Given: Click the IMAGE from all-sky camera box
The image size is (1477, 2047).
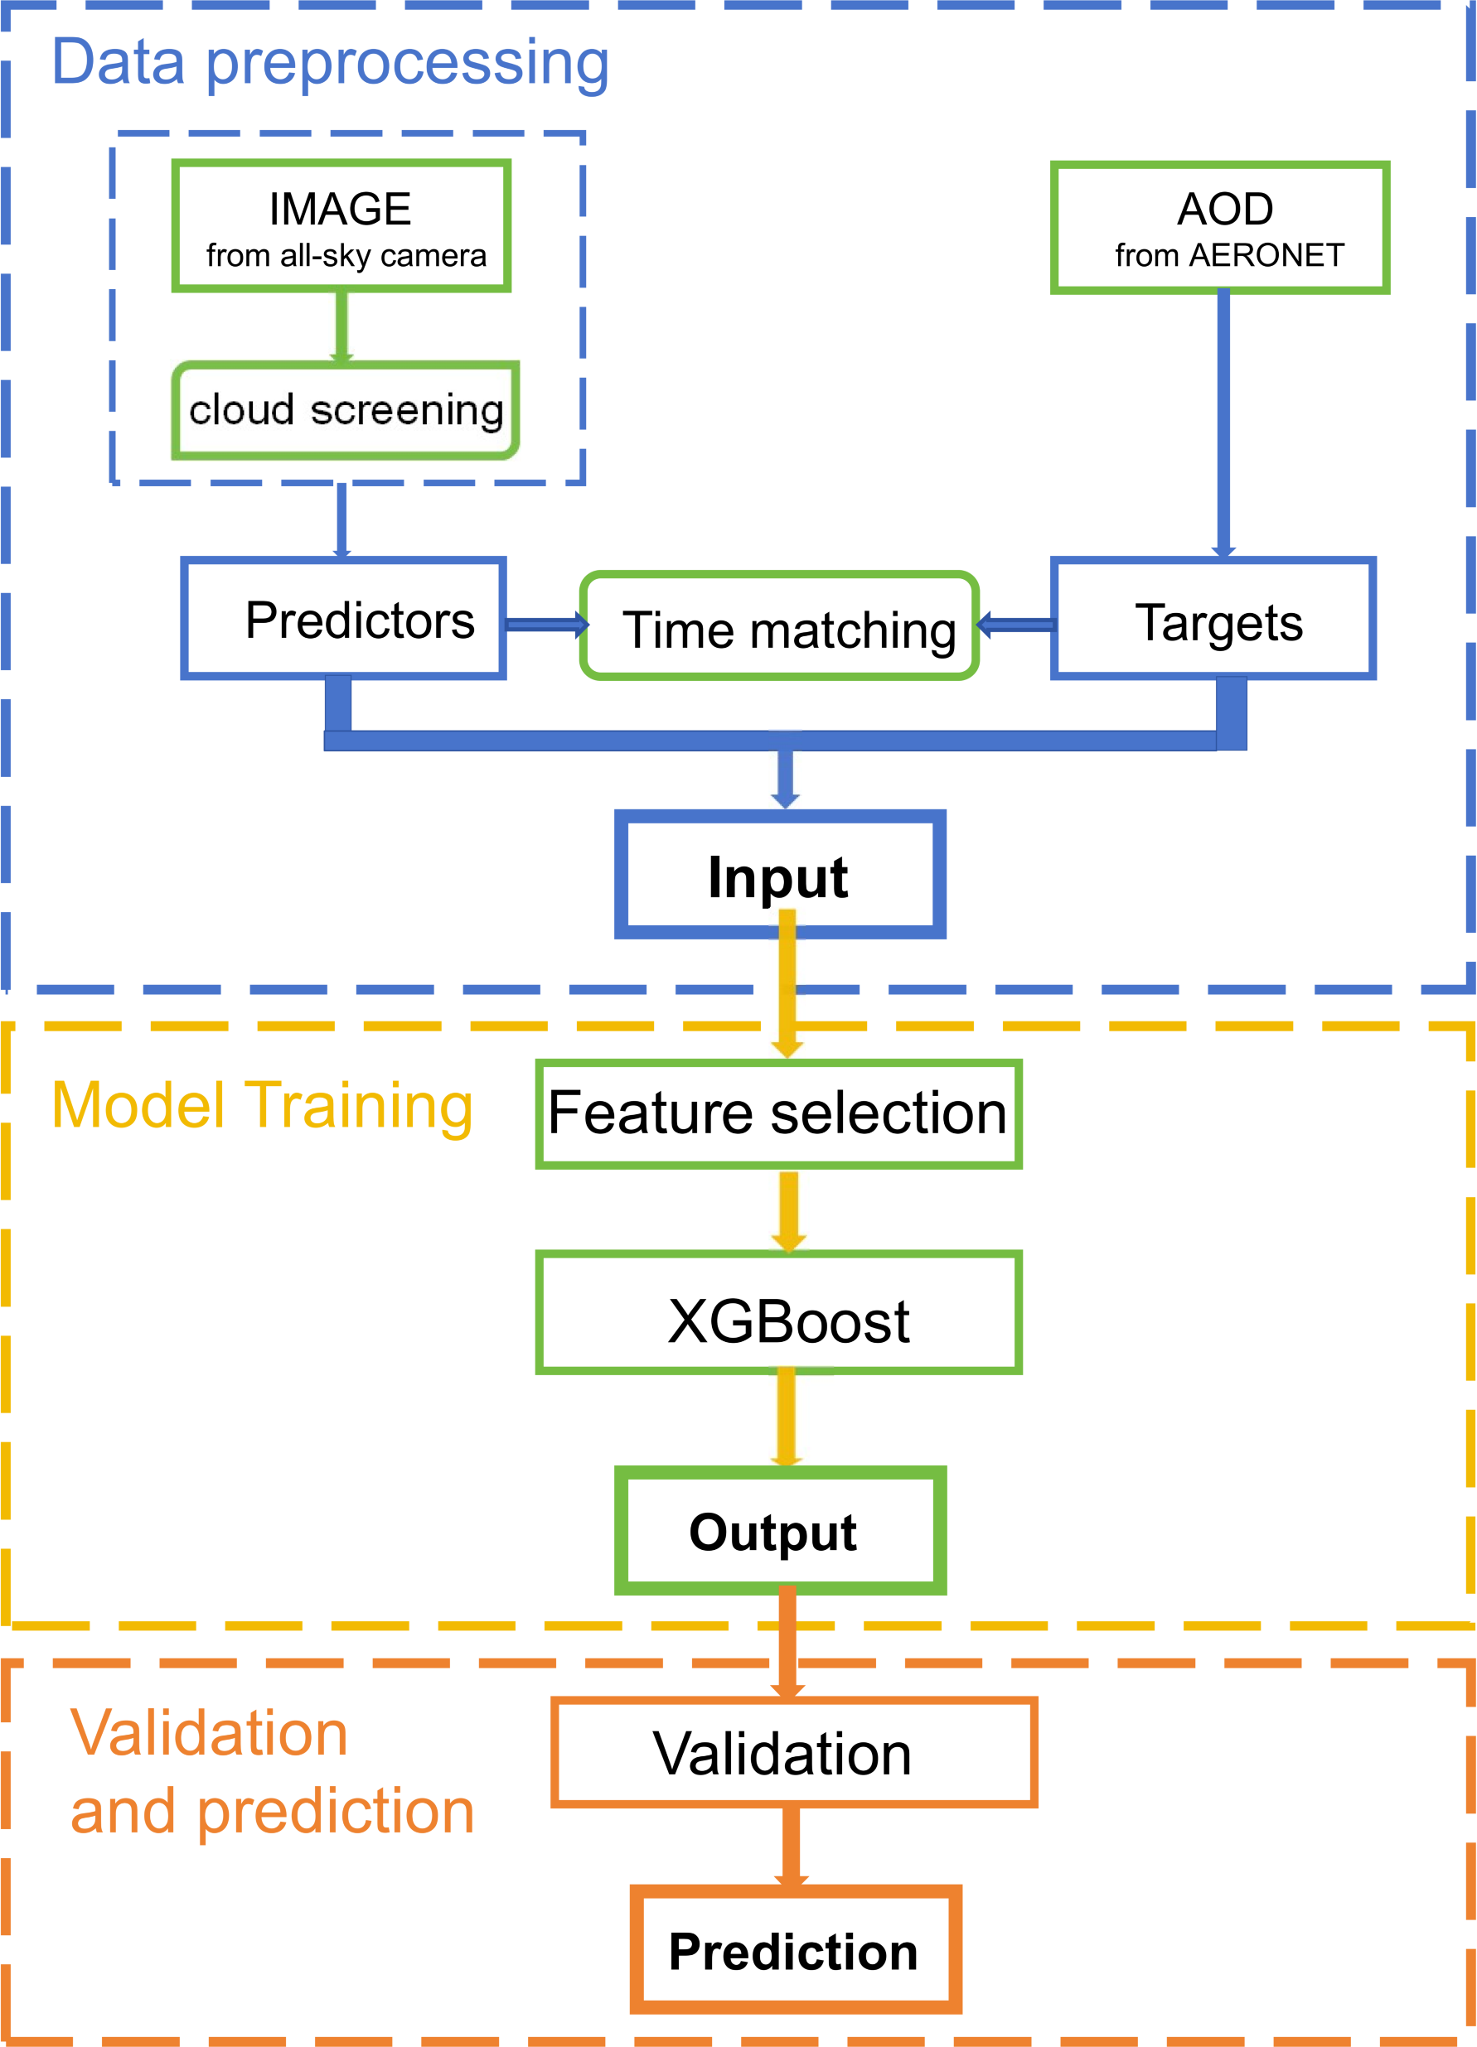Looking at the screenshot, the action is click(341, 225).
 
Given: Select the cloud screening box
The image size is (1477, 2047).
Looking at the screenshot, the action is click(346, 411).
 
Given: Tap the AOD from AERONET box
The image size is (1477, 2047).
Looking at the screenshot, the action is click(1220, 228).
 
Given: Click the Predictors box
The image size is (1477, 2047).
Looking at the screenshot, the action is click(343, 618).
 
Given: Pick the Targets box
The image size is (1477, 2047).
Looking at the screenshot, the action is click(1213, 618).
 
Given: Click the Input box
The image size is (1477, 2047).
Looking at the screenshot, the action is click(780, 874).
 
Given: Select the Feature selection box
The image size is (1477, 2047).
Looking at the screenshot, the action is click(778, 1113).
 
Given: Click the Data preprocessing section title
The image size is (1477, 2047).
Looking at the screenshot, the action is click(331, 63).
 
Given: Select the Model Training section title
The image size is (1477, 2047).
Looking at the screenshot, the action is click(263, 1106).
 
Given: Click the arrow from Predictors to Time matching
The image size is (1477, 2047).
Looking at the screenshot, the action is click(547, 624).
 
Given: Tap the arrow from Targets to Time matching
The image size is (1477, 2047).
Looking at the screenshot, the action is click(1015, 624).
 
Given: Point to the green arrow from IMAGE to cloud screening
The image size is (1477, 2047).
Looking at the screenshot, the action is click(341, 326).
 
